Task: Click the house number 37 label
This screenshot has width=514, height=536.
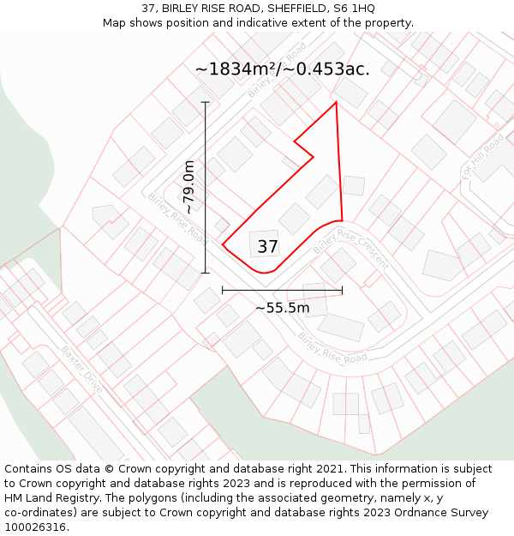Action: [x=268, y=247]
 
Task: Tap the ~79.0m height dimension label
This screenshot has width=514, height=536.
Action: [x=188, y=187]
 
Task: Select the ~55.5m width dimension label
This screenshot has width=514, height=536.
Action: [x=282, y=307]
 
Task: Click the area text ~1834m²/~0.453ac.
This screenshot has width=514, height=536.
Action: [x=282, y=69]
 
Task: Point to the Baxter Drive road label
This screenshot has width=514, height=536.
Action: [x=82, y=370]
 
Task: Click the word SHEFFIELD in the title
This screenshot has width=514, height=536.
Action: [x=278, y=9]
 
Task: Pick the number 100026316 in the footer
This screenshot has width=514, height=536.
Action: [x=36, y=527]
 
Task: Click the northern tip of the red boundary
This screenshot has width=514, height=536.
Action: [x=336, y=103]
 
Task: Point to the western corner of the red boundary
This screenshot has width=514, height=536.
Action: [x=223, y=244]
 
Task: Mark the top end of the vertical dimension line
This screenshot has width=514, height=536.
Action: [x=206, y=102]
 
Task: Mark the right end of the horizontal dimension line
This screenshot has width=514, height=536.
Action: [x=342, y=291]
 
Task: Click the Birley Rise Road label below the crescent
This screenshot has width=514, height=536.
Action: [x=332, y=347]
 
